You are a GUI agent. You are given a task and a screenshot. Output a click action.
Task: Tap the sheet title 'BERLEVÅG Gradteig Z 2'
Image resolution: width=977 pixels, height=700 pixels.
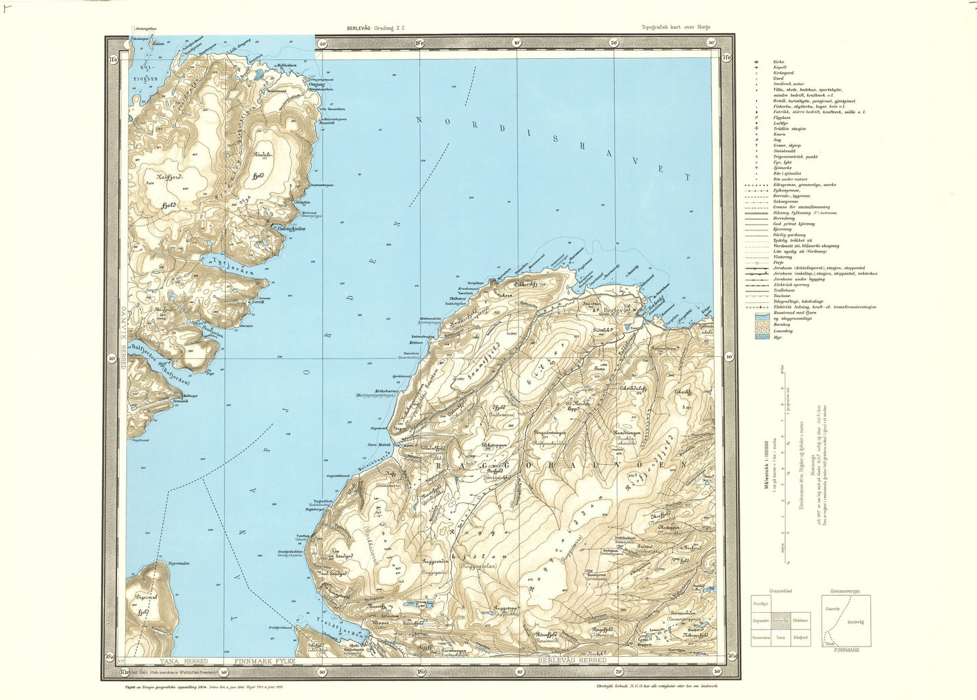click(375, 28)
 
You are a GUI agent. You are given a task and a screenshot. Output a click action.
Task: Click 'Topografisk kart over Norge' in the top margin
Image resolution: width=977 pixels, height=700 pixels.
click(676, 28)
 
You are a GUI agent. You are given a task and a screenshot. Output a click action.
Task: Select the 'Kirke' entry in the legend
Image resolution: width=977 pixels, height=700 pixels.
click(778, 62)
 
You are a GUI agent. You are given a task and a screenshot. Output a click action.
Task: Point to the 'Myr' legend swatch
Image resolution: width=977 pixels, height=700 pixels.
click(762, 336)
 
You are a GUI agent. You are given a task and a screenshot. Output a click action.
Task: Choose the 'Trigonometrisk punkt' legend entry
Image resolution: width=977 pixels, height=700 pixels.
click(795, 156)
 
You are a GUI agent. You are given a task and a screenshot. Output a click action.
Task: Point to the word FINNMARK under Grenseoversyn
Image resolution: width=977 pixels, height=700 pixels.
click(846, 650)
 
